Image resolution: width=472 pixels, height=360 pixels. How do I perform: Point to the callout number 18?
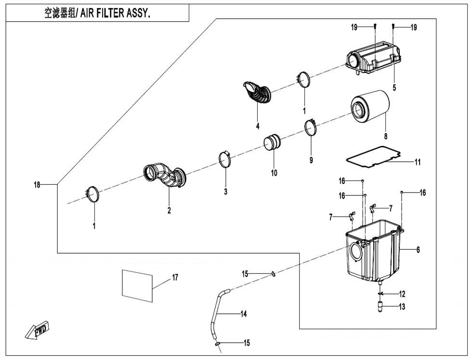[x=37, y=185]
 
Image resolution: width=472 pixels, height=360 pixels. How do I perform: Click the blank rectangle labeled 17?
[x=137, y=286]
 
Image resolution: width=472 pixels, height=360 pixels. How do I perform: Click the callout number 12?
[x=402, y=294]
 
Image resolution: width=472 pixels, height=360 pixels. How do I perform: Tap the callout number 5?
[x=394, y=88]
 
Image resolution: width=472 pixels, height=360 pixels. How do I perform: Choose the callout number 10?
[x=274, y=173]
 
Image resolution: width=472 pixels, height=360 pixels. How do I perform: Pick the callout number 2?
[x=169, y=210]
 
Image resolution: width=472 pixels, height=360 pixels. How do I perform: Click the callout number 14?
[x=243, y=314]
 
